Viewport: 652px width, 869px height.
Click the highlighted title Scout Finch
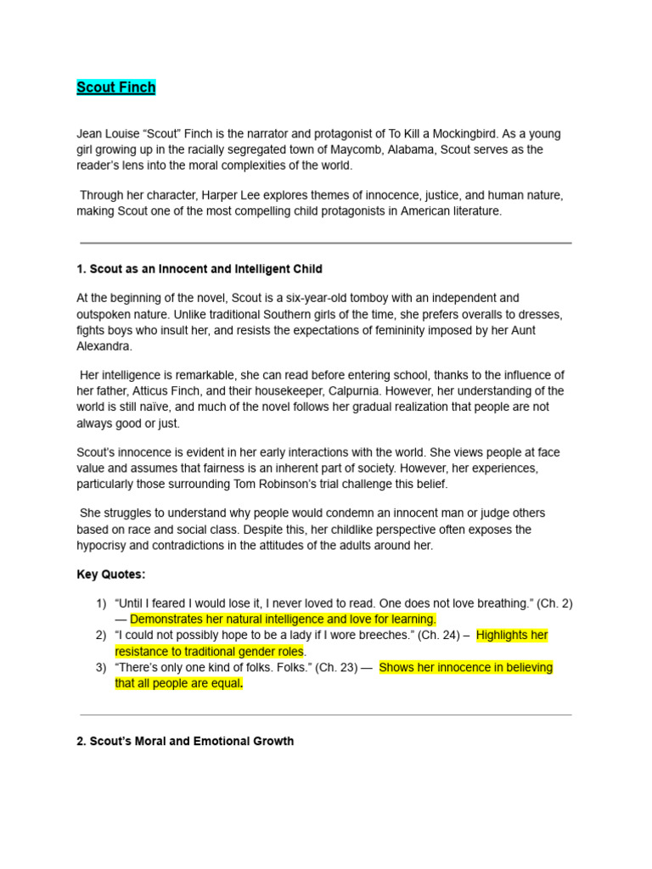(116, 87)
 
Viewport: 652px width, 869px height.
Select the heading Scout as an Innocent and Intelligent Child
(200, 269)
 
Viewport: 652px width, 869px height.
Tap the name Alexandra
(105, 346)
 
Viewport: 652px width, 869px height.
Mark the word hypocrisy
(103, 546)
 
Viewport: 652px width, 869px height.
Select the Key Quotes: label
(111, 575)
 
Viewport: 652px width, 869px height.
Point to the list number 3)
(101, 667)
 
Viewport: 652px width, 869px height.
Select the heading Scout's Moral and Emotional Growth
(185, 741)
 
